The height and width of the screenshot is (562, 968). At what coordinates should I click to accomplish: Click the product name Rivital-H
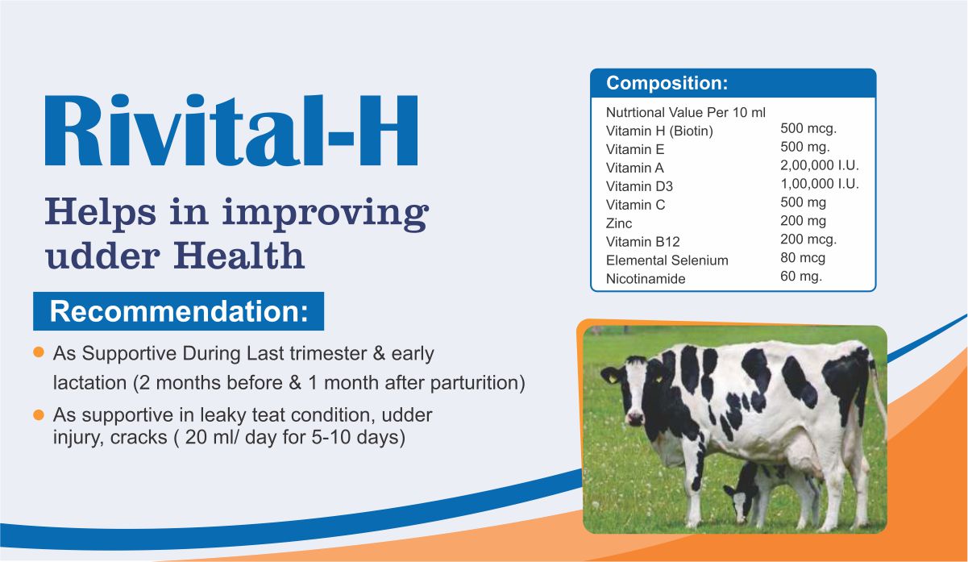[x=231, y=130]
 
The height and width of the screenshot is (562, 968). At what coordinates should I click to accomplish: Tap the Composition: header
[x=667, y=83]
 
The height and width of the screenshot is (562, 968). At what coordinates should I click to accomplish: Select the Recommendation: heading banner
[x=178, y=311]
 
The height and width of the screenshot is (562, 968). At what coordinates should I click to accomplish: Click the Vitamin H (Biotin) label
[x=659, y=131]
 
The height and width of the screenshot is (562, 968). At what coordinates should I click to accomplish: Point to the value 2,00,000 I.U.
[x=820, y=165]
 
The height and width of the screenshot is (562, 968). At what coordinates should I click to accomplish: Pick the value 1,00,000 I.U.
[x=820, y=184]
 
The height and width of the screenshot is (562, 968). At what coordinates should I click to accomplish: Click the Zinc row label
[x=619, y=223]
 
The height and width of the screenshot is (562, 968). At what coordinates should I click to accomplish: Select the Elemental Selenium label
[x=667, y=260]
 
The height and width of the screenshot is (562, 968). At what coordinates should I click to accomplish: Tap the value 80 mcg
[x=803, y=258]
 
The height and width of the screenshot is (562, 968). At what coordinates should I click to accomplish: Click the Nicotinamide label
[x=646, y=279]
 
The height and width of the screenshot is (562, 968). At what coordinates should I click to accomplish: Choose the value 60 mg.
[x=801, y=277]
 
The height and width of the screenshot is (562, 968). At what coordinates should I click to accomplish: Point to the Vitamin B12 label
[x=642, y=242]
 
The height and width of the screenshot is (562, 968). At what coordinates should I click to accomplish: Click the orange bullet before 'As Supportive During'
[x=39, y=352]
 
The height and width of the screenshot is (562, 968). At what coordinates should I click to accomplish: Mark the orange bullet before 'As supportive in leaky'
[x=39, y=415]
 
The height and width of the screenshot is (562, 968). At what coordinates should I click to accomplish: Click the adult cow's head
[x=632, y=389]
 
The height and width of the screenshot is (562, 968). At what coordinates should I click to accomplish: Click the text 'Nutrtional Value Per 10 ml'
[x=685, y=112]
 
